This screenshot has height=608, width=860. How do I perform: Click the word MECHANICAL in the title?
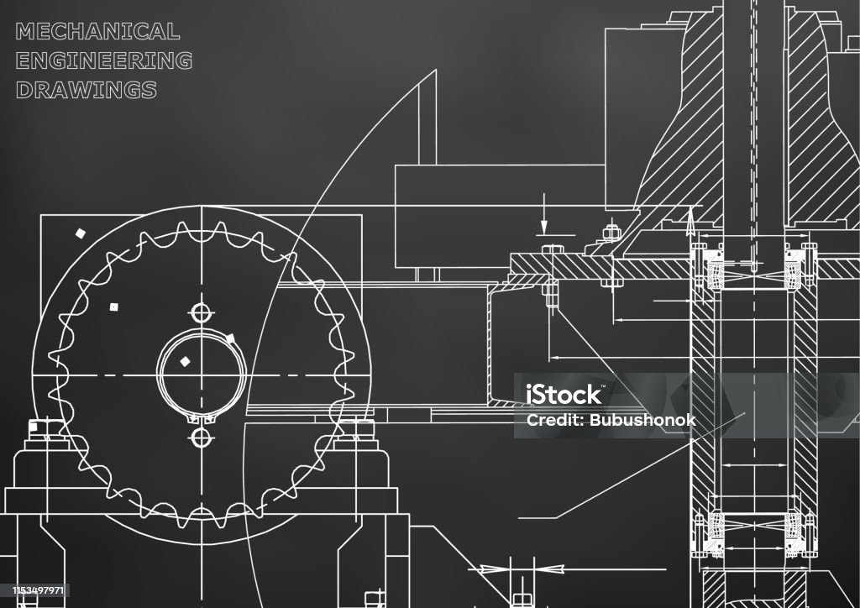97,31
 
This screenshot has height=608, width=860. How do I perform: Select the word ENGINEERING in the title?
103,60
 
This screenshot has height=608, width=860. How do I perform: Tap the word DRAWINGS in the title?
87,89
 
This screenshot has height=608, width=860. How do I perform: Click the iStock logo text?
564,394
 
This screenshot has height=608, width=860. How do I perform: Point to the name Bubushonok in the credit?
642,420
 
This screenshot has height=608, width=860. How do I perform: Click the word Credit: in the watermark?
555,420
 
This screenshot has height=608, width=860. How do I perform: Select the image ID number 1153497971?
39,590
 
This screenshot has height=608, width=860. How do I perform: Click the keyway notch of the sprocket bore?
201,419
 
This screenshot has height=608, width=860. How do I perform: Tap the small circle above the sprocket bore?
202,313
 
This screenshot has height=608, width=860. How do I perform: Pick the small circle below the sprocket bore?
202,438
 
